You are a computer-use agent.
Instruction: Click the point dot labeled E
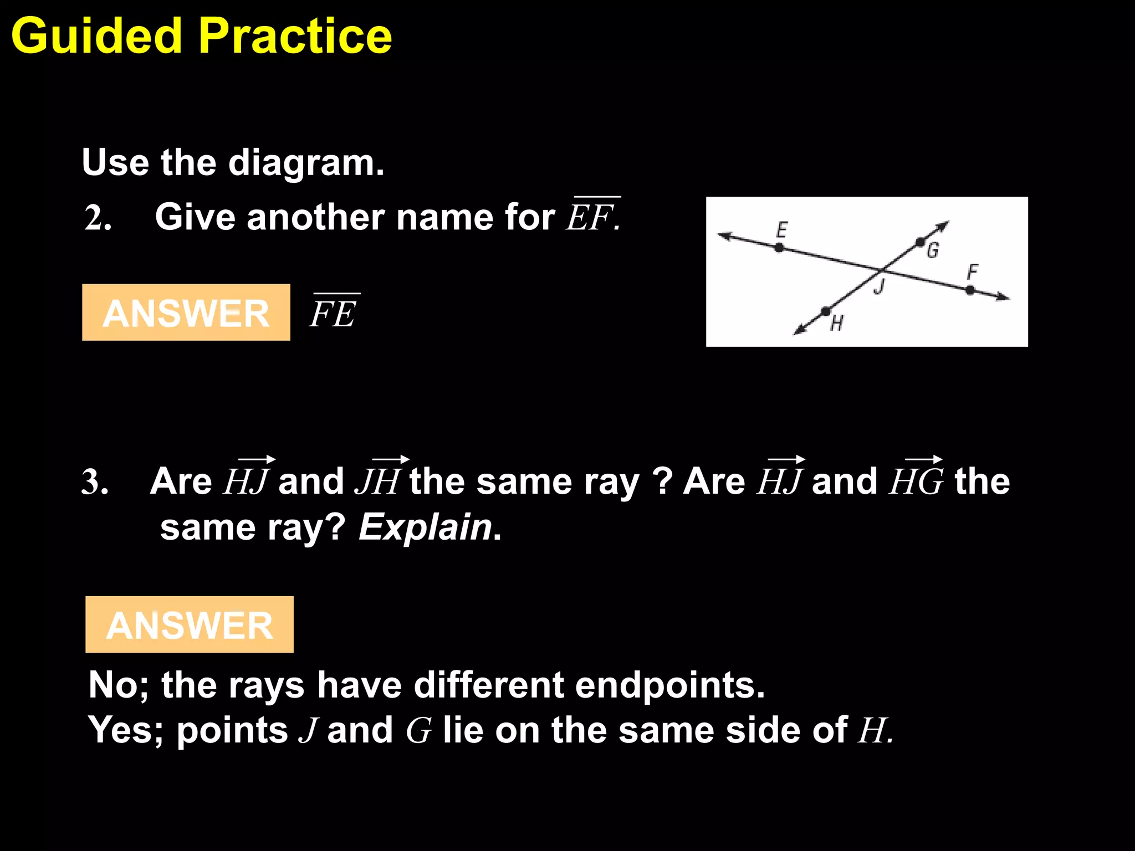pos(779,248)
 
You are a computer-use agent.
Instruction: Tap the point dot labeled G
pos(920,242)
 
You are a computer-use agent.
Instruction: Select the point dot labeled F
pos(970,290)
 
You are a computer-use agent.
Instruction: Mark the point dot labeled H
pos(826,311)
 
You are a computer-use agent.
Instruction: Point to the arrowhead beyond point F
pos(1003,298)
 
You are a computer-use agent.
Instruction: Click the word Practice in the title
pos(295,36)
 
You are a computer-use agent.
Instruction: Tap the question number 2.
pos(98,218)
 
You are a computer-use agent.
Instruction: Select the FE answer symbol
pos(334,312)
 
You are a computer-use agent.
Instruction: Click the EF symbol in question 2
pos(592,216)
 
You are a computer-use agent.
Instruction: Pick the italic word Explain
pos(426,527)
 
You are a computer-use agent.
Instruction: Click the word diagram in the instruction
pos(306,163)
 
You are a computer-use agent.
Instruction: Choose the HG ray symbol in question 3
pos(916,479)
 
